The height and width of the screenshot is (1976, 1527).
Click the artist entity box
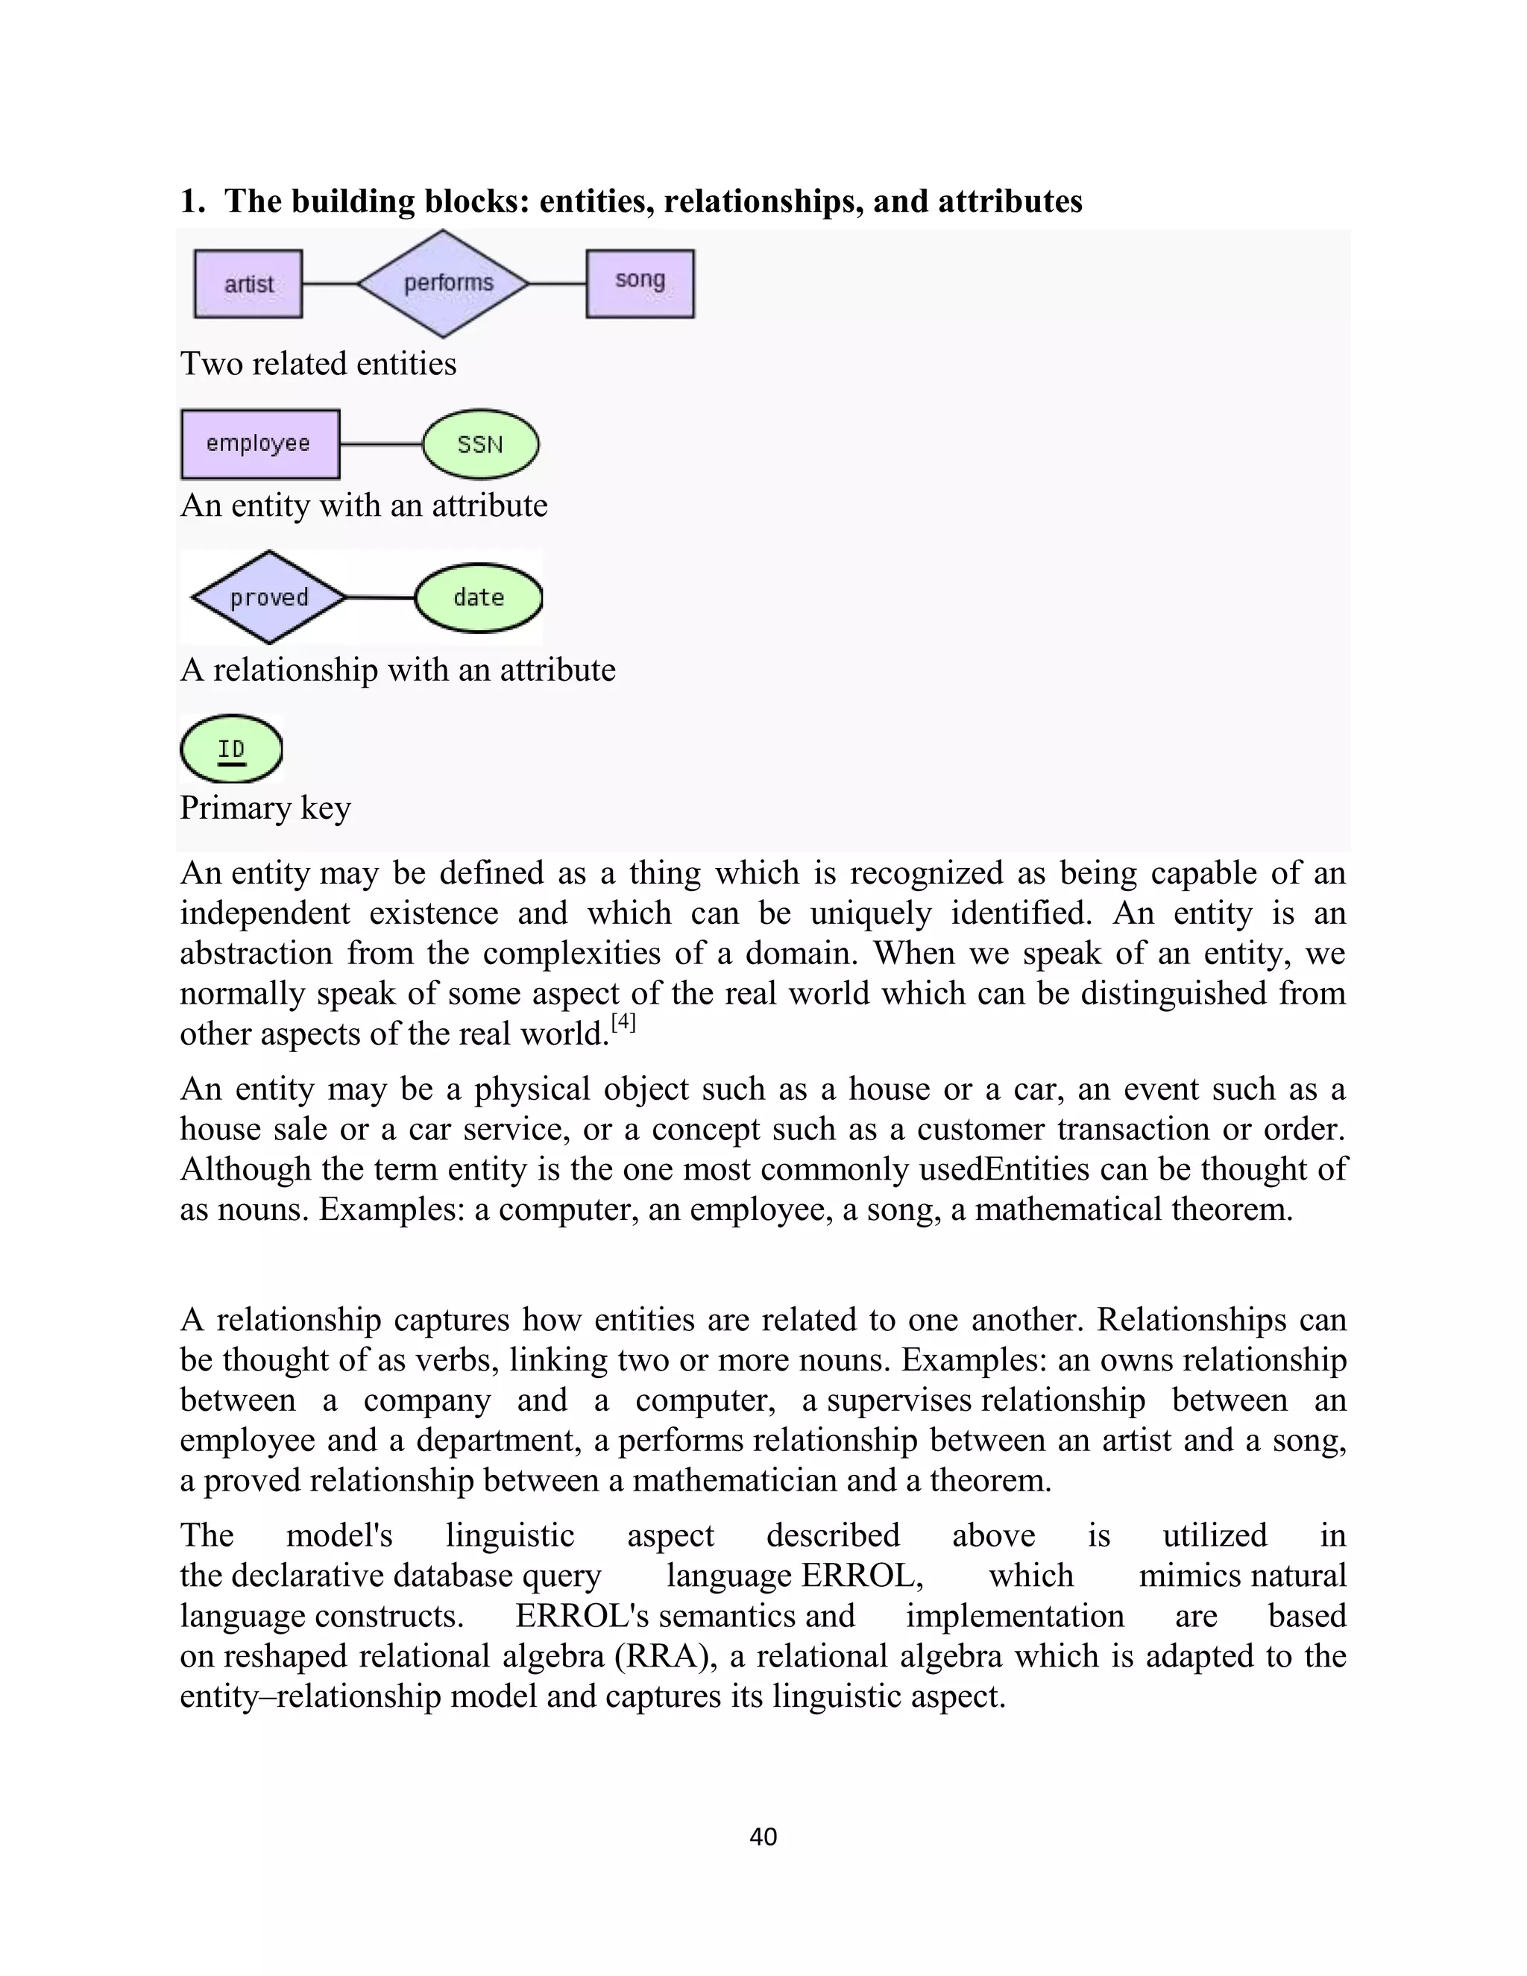click(x=248, y=284)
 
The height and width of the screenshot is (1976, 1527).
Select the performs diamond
click(x=444, y=284)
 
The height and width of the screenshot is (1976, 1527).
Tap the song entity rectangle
click(x=640, y=283)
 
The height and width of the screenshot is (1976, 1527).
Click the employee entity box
click(x=259, y=444)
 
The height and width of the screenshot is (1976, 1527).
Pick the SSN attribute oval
click(x=480, y=444)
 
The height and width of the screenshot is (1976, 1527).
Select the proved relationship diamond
click(x=268, y=597)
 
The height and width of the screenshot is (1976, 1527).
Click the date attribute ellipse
click(x=479, y=597)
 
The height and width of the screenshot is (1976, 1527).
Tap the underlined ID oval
click(x=232, y=748)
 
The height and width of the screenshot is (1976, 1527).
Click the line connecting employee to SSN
click(x=381, y=444)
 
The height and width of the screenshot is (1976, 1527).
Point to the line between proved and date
click(x=380, y=597)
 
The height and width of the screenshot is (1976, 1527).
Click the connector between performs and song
click(x=557, y=284)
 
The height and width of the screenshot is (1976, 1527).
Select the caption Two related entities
click(x=318, y=364)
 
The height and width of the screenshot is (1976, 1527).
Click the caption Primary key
click(x=265, y=807)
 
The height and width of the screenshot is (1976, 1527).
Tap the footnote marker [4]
click(x=623, y=1022)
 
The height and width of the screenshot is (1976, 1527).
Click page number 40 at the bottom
click(x=763, y=1836)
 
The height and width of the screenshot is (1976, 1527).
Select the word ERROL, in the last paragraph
click(x=862, y=1575)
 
